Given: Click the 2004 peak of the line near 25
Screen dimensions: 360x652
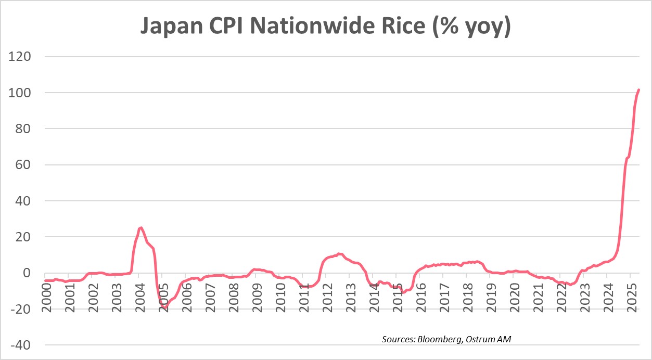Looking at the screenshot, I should (x=140, y=227).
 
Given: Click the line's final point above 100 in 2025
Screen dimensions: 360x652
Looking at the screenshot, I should (x=639, y=90).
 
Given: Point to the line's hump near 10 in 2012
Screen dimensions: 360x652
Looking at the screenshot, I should (x=339, y=254).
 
